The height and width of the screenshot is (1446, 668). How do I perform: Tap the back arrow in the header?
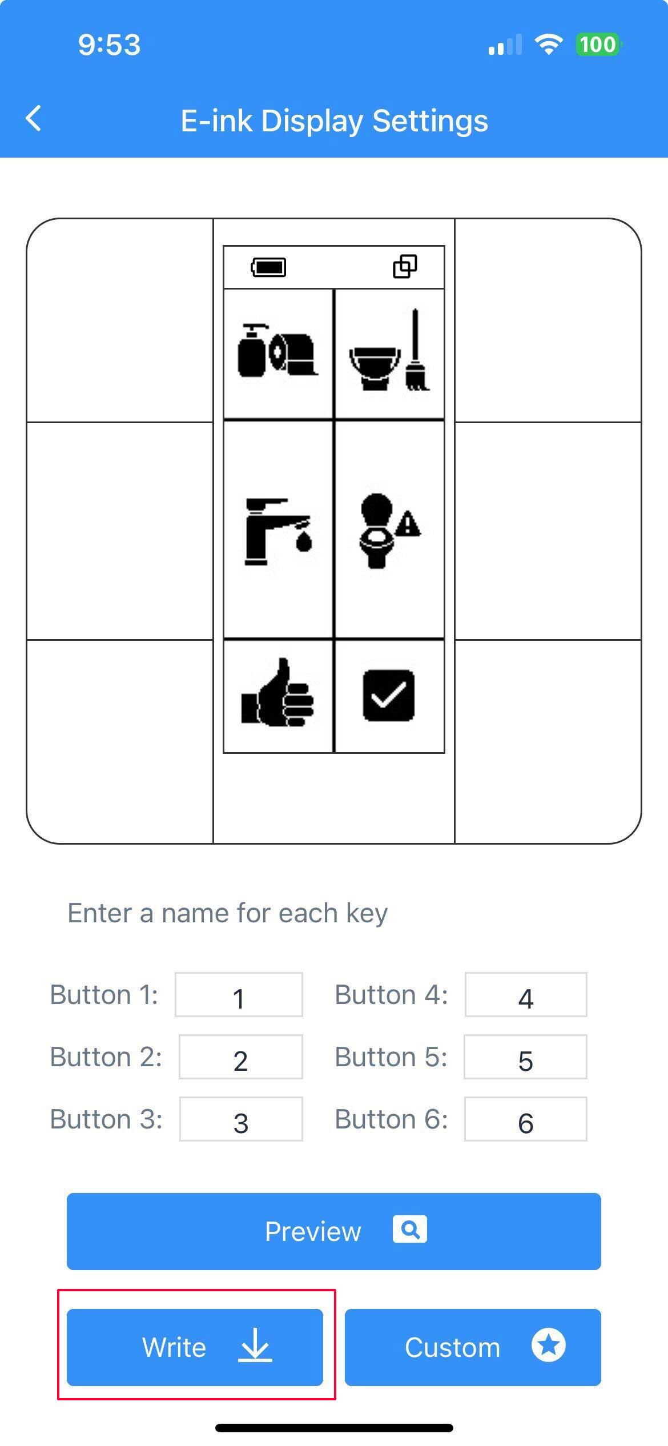(34, 119)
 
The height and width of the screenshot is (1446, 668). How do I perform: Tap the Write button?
(195, 1347)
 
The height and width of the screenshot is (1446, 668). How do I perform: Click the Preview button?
(334, 1231)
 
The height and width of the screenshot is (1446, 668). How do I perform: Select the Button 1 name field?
(239, 995)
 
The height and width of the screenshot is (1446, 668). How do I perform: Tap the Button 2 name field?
(240, 1057)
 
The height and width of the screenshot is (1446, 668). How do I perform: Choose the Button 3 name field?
(241, 1119)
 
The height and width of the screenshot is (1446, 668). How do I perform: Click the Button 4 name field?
(526, 995)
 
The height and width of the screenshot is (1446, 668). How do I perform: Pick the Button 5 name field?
(525, 1057)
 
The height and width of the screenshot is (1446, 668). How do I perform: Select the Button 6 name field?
(526, 1119)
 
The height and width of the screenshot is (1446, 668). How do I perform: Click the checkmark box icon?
(389, 695)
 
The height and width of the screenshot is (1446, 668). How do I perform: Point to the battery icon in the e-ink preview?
(269, 267)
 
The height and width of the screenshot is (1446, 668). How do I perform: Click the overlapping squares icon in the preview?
(405, 266)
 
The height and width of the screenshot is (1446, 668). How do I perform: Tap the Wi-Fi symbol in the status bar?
(549, 44)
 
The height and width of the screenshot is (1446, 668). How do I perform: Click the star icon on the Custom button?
(549, 1345)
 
